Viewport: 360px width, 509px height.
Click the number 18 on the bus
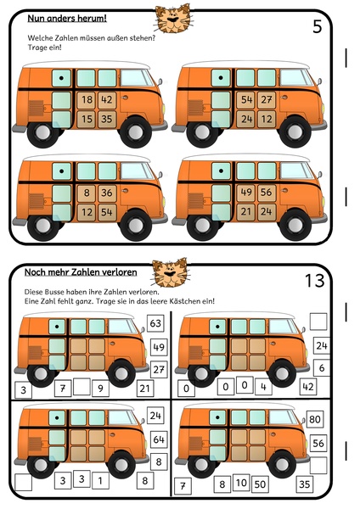pyautogui.click(x=87, y=99)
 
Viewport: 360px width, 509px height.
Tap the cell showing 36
pyautogui.click(x=107, y=193)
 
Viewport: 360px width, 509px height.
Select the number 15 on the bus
pyautogui.click(x=87, y=119)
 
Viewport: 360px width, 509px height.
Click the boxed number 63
pyautogui.click(x=155, y=323)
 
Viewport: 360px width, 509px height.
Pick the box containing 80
pyautogui.click(x=315, y=419)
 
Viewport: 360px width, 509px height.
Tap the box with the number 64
pyautogui.click(x=159, y=439)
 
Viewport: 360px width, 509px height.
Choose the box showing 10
pyautogui.click(x=241, y=483)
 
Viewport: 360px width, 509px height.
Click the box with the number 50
pyautogui.click(x=260, y=484)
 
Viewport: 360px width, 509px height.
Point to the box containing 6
pyautogui.click(x=322, y=368)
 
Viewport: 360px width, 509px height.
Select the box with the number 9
pyautogui.click(x=100, y=389)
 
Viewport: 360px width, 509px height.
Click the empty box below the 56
pyautogui.click(x=318, y=465)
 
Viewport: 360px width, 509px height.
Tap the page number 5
pyautogui.click(x=317, y=26)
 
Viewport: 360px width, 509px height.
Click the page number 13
pyautogui.click(x=314, y=281)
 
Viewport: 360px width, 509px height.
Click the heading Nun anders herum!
pyautogui.click(x=67, y=18)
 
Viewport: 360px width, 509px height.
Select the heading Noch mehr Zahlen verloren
pyautogui.click(x=81, y=272)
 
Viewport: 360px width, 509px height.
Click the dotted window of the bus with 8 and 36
pyautogui.click(x=61, y=171)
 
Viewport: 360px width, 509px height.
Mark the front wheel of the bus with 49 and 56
pyautogui.click(x=295, y=225)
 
